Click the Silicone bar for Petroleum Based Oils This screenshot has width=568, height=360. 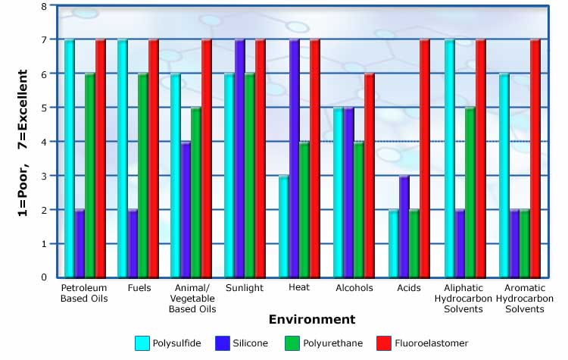coord(80,244)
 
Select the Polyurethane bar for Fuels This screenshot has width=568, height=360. coord(143,176)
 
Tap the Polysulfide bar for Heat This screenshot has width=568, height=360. coord(285,227)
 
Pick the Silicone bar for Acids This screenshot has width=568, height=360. coord(404,227)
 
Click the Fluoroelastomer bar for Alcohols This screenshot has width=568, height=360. coord(370,176)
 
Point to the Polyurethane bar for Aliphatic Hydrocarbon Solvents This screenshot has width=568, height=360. coord(470,193)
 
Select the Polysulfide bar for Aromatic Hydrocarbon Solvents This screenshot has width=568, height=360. coord(504,176)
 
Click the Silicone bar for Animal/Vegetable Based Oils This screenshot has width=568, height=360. coord(186,210)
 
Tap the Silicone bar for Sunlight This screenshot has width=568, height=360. coord(240,158)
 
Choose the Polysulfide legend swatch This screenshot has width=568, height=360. coord(142,343)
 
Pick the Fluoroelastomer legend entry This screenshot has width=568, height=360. coord(435,343)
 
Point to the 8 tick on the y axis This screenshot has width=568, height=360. coord(44,6)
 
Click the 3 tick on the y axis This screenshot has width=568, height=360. coord(44,176)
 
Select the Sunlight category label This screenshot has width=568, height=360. coord(245,288)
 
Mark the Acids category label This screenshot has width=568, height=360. coord(409,288)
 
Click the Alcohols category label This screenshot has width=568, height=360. coord(354,288)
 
